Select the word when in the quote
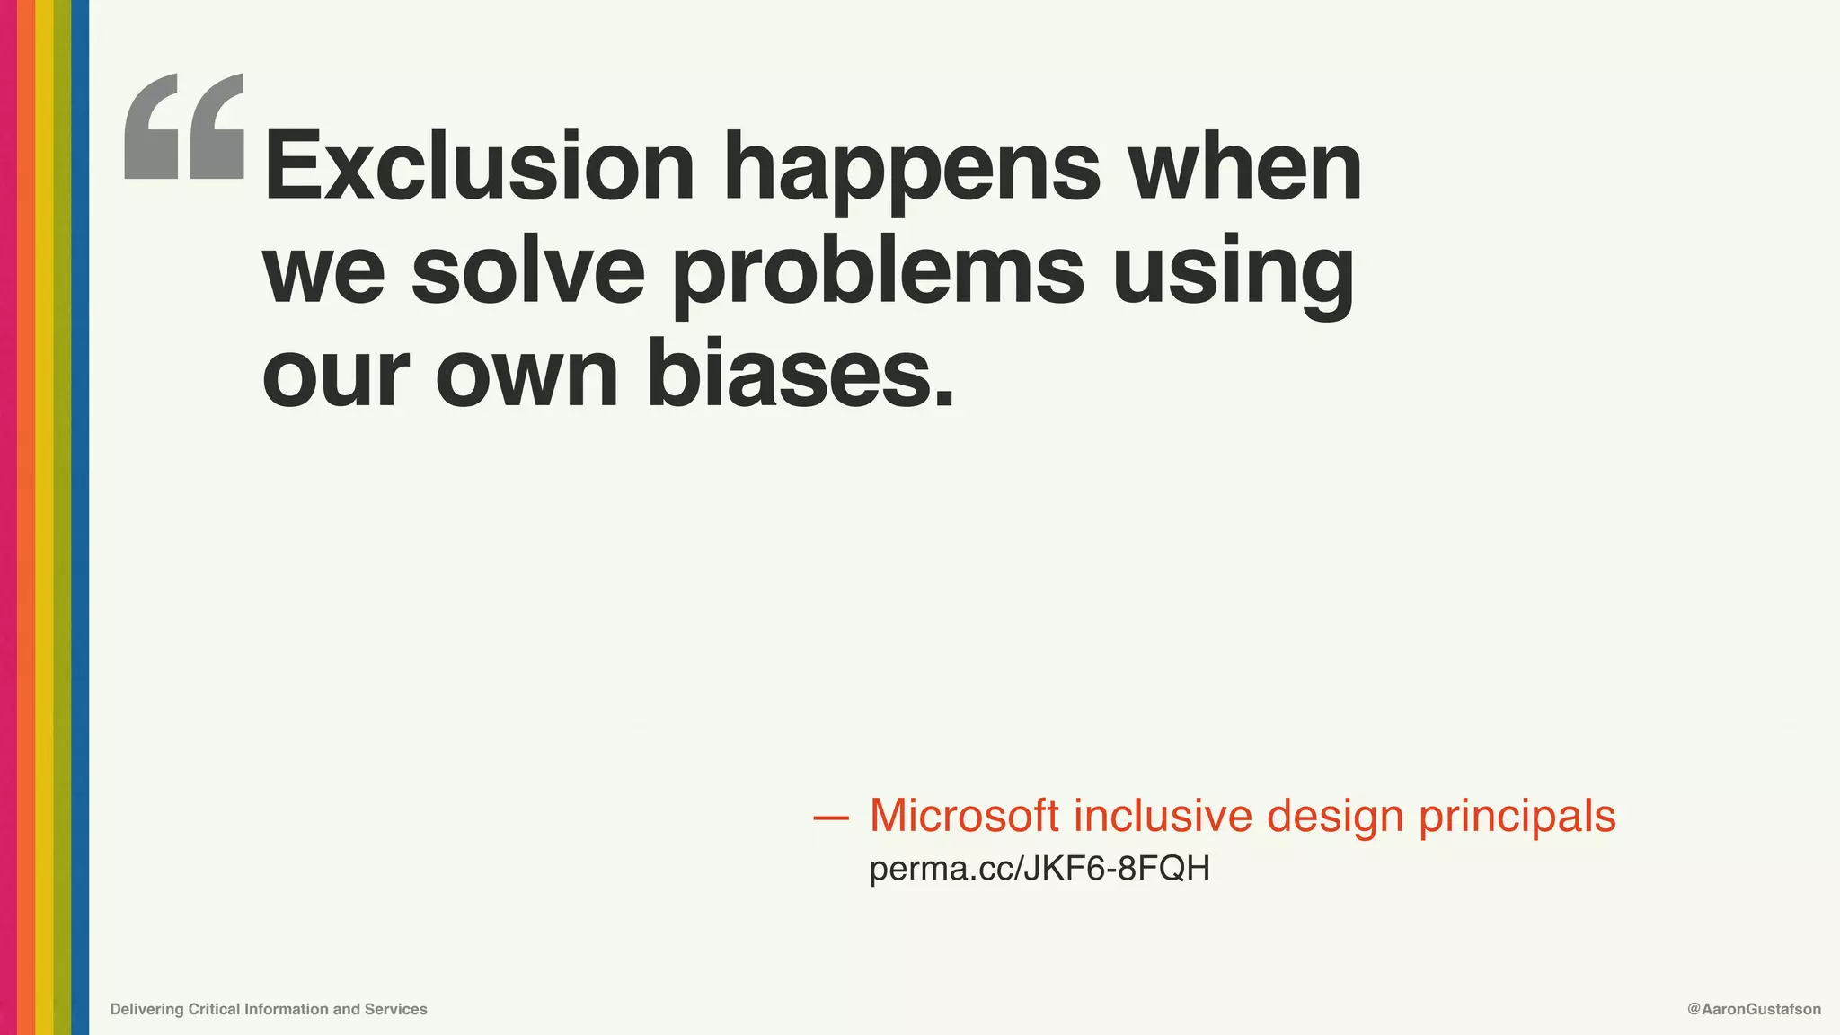point(1245,167)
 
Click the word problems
point(879,275)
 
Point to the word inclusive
point(1163,816)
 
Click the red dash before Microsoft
point(830,818)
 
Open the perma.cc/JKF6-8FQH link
point(1039,869)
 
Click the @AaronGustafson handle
point(1754,1009)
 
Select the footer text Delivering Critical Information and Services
point(269,1009)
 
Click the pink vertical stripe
point(8,517)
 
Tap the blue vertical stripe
point(80,517)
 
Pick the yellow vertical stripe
point(44,517)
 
